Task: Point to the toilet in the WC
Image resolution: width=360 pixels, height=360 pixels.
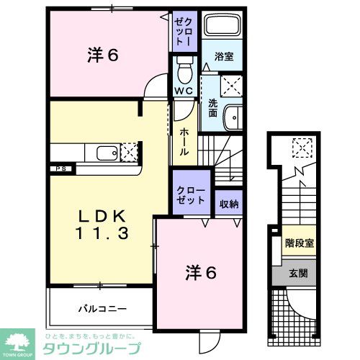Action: click(183, 72)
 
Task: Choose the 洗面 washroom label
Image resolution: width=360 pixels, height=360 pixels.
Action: click(212, 109)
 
